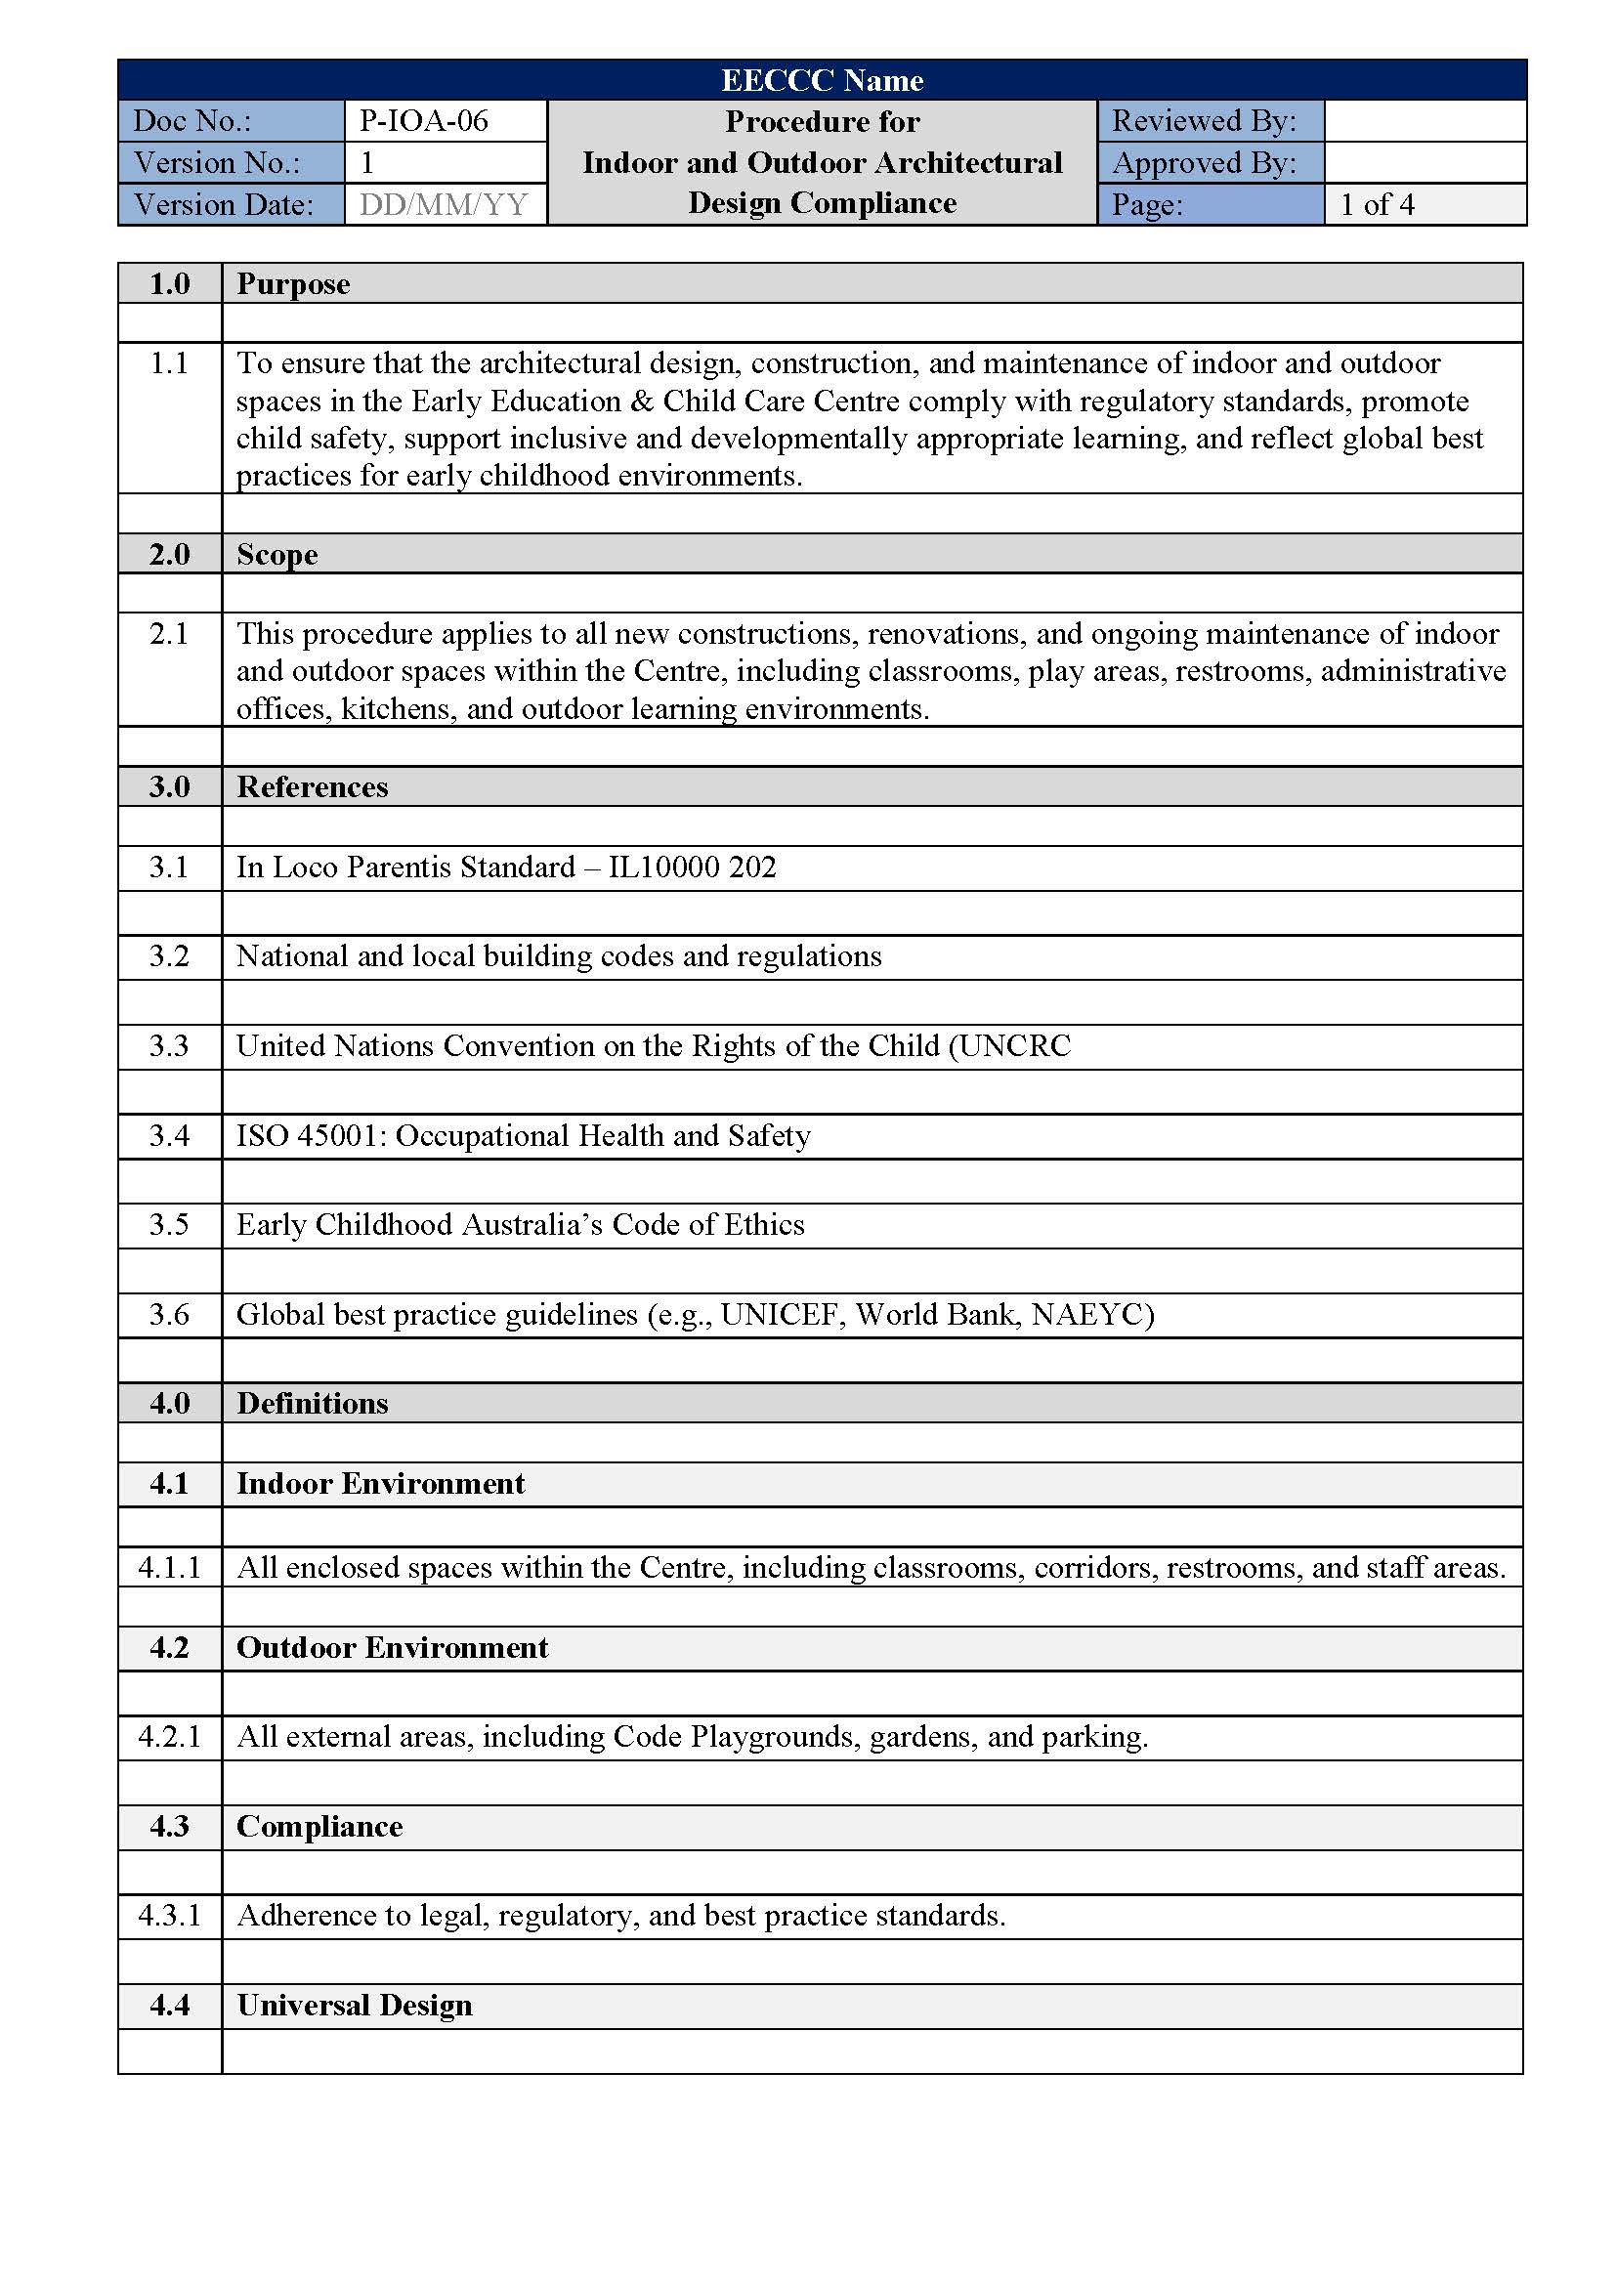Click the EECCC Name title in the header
(x=822, y=79)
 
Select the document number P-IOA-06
(x=424, y=120)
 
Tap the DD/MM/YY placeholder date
(x=443, y=204)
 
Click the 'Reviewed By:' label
(x=1204, y=120)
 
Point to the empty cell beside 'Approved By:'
(x=1424, y=162)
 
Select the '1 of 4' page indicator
(x=1377, y=204)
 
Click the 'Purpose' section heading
(x=292, y=283)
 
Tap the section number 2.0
(x=169, y=553)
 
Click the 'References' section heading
(x=312, y=786)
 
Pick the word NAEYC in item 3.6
(x=1090, y=1314)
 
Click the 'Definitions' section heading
(x=312, y=1402)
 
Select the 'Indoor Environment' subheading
(x=380, y=1483)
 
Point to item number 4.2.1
(x=169, y=1736)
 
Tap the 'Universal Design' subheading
(x=354, y=2005)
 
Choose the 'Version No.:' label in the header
(x=217, y=162)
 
